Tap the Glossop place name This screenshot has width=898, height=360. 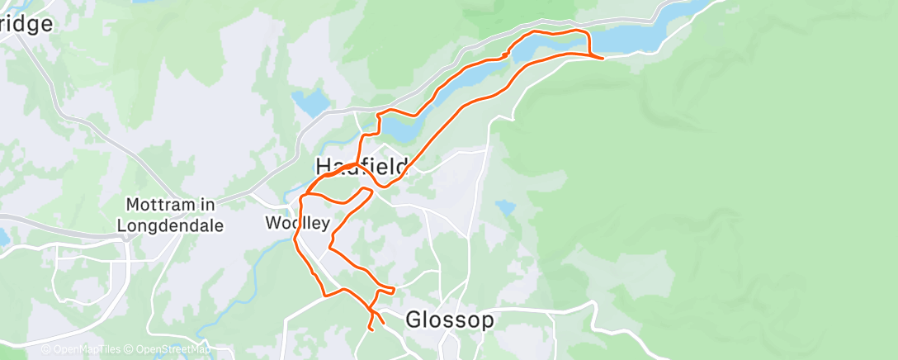click(x=449, y=320)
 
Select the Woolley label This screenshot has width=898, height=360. click(x=297, y=223)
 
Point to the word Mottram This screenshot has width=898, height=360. click(x=158, y=204)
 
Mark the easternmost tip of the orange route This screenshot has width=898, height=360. click(x=603, y=58)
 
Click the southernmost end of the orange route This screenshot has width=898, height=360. click(x=371, y=330)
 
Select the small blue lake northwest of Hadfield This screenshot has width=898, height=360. click(x=310, y=102)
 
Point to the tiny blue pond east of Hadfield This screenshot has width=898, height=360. click(x=505, y=206)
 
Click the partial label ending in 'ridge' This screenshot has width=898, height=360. click(x=26, y=24)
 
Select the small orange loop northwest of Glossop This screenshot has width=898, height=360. click(x=381, y=297)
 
